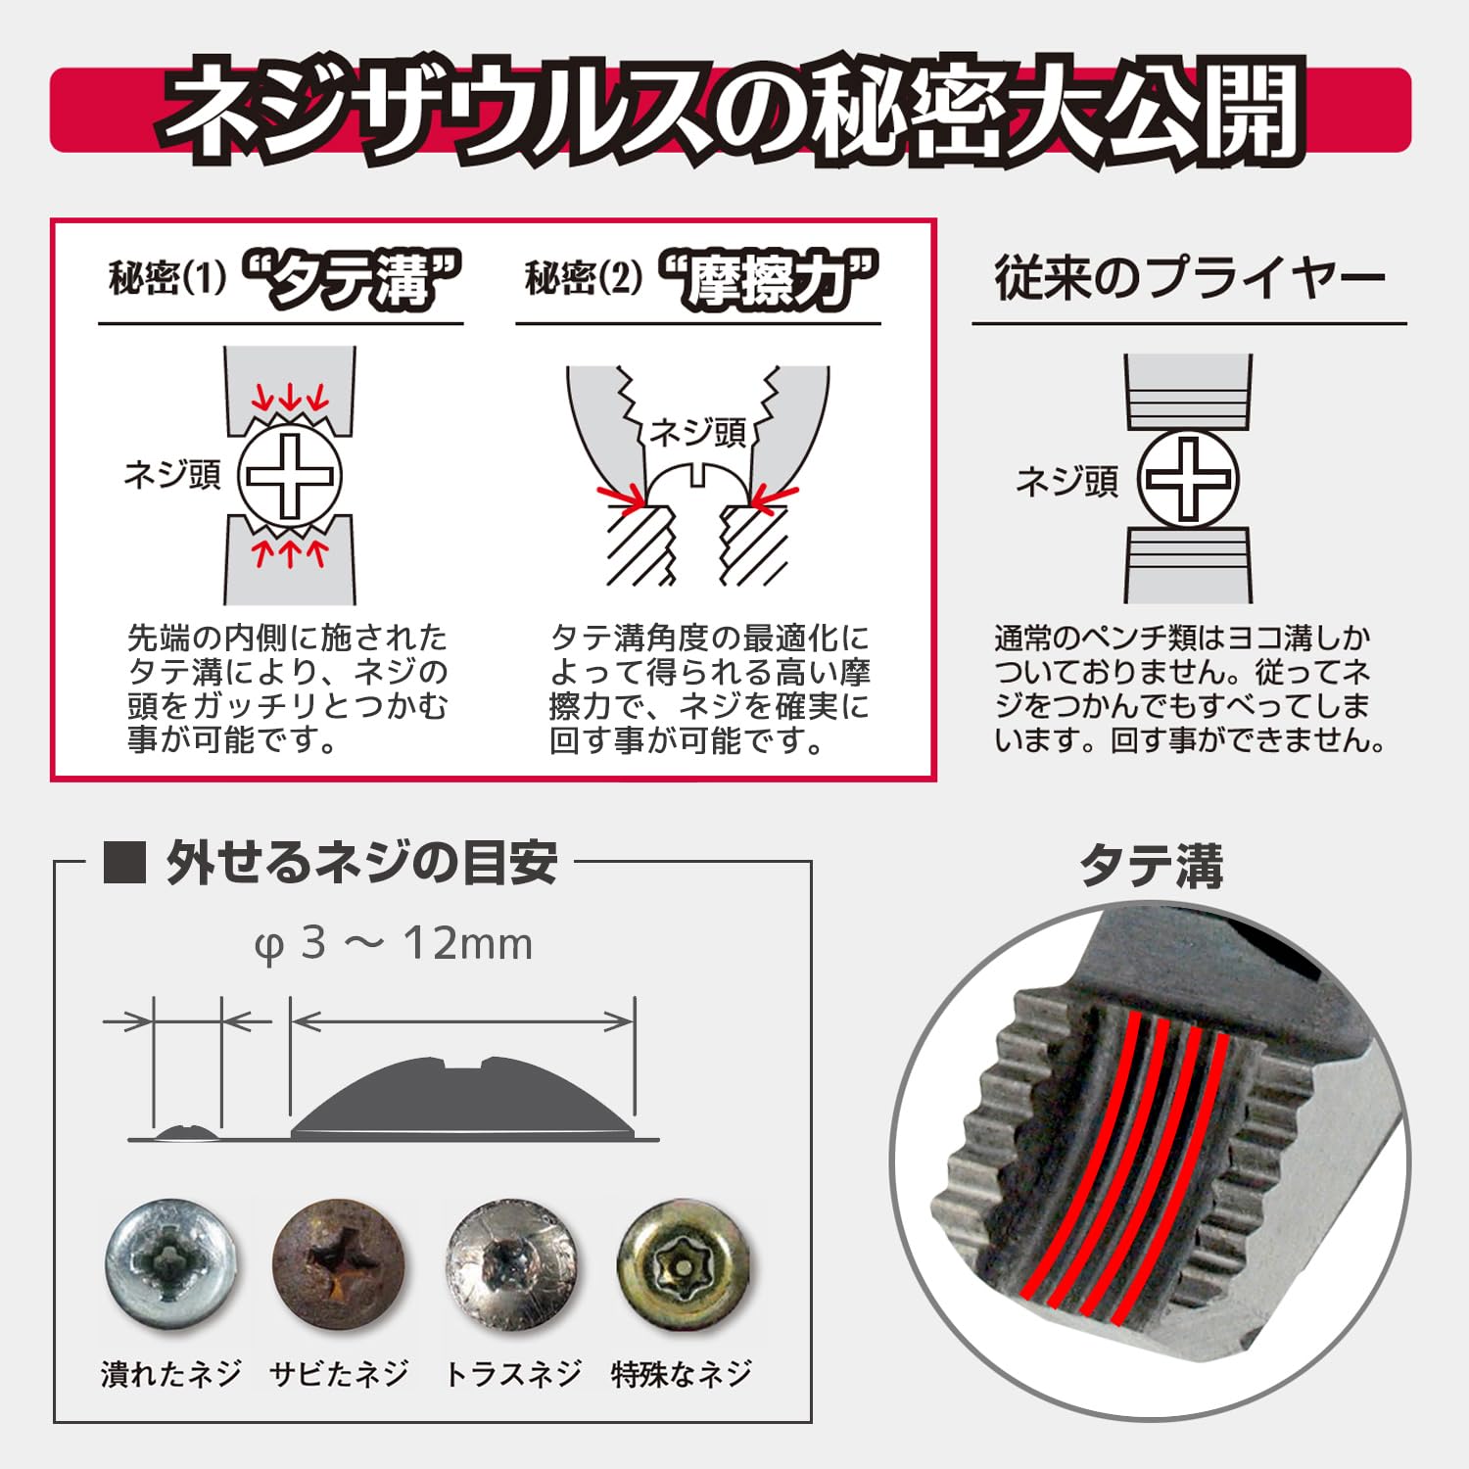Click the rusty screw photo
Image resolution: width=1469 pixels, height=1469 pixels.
coord(338,1265)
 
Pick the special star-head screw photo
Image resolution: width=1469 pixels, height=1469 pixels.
coord(683,1265)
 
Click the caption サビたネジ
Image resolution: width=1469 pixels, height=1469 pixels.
coord(339,1374)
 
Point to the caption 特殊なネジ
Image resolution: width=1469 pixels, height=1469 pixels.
coord(682,1374)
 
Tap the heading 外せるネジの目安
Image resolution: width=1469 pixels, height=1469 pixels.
coord(362,863)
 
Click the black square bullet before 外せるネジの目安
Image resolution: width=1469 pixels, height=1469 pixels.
coord(124,863)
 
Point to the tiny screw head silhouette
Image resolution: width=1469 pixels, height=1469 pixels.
coord(187,1133)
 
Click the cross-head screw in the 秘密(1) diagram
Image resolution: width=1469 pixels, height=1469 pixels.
coord(290,477)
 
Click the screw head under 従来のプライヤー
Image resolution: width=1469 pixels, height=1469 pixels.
coord(1188,479)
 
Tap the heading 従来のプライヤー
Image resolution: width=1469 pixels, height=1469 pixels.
coord(1190,278)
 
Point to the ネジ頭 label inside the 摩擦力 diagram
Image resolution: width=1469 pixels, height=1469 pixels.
coord(698,432)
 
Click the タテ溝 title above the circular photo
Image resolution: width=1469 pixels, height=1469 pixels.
coord(1152,867)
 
